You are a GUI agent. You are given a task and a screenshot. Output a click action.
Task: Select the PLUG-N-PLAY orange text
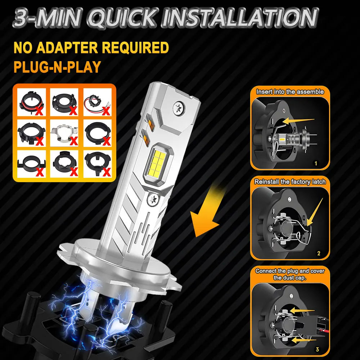click(57, 67)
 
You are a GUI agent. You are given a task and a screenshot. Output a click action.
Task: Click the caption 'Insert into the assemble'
click(290, 92)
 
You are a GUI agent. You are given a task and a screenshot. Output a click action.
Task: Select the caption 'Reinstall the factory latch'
click(290, 182)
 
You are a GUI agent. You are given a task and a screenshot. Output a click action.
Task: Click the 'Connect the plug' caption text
click(290, 271)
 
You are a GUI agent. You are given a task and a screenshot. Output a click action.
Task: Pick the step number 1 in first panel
click(316, 163)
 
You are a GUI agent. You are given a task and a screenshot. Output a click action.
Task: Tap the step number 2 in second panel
click(318, 253)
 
